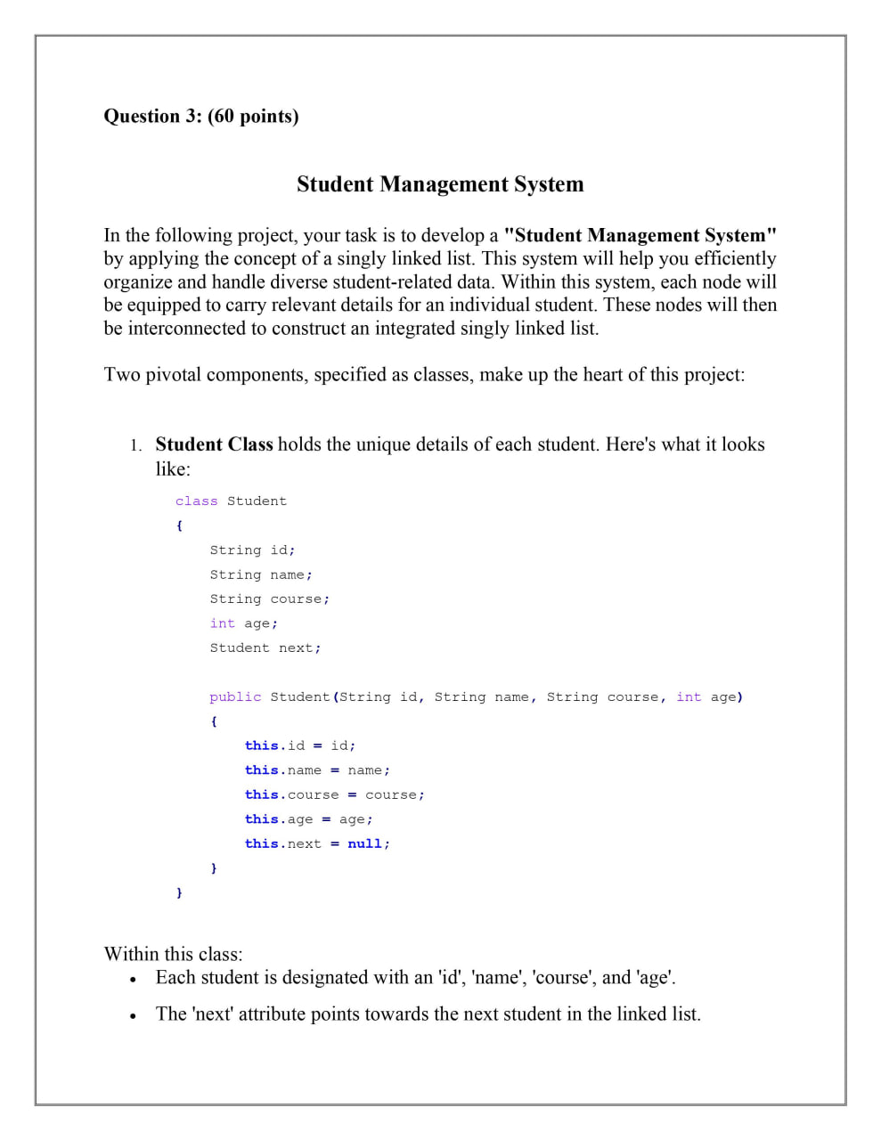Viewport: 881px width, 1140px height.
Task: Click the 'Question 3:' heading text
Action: click(x=153, y=117)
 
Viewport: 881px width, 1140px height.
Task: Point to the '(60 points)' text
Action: click(x=253, y=117)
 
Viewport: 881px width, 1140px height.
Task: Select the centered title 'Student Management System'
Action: click(x=440, y=184)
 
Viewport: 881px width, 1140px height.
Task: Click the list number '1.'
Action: click(x=135, y=445)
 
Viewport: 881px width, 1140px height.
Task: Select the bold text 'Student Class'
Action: click(x=214, y=444)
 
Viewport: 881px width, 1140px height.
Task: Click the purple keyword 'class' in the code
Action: click(x=196, y=501)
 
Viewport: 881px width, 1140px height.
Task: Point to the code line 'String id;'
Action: click(x=252, y=550)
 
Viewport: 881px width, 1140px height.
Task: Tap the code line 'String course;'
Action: click(x=269, y=599)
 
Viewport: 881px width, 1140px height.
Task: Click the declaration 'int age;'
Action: click(x=243, y=623)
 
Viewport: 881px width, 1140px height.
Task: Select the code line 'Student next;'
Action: click(x=265, y=648)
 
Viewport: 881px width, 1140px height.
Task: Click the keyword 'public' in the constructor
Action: click(x=235, y=697)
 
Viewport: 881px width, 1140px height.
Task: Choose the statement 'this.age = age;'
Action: click(x=308, y=819)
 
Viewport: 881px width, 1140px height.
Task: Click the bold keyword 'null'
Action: click(x=364, y=844)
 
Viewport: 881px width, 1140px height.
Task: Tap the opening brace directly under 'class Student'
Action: click(x=179, y=526)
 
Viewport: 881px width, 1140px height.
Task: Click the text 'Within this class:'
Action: click(x=173, y=955)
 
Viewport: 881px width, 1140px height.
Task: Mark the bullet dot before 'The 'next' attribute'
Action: click(x=133, y=1015)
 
